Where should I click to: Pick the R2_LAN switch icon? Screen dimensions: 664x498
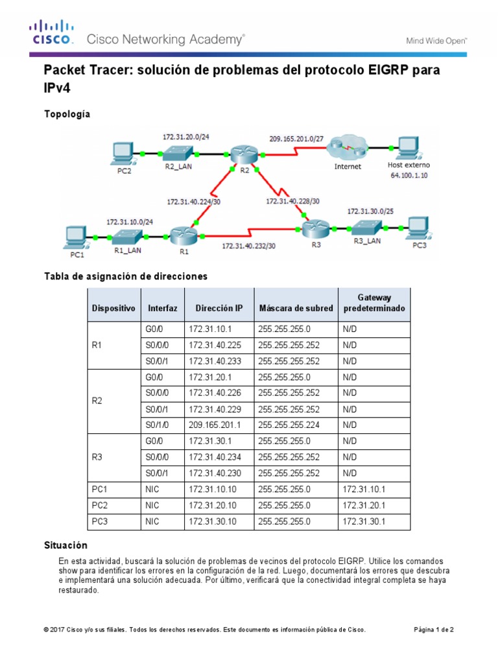point(177,154)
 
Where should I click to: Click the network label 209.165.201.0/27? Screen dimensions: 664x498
point(296,137)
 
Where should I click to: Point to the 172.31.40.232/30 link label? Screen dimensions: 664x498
point(248,246)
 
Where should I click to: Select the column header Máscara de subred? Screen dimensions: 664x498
point(296,308)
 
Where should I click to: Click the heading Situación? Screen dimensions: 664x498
point(65,545)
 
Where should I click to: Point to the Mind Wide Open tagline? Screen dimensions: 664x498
point(436,40)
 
